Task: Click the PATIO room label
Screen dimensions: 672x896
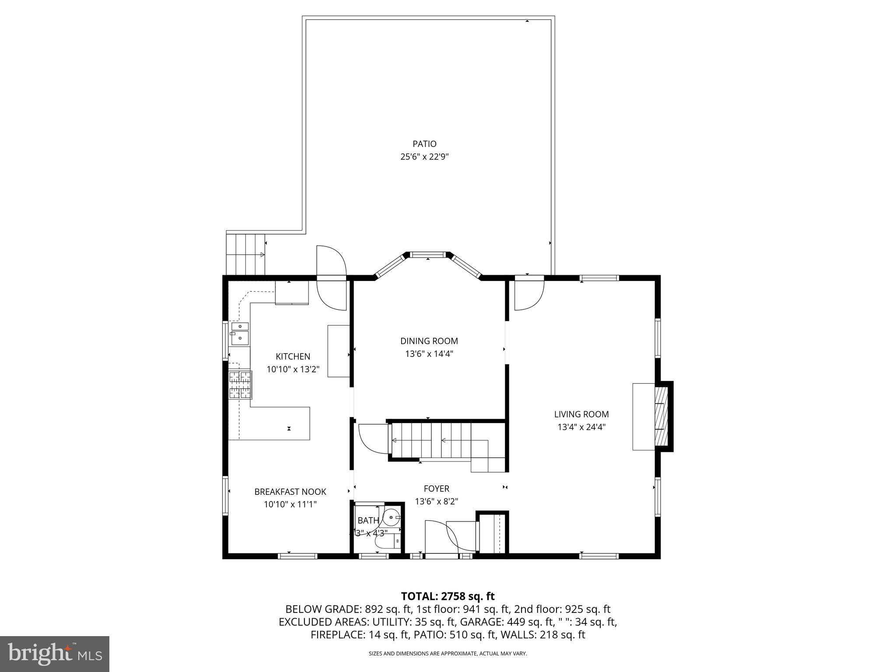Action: pyautogui.click(x=424, y=144)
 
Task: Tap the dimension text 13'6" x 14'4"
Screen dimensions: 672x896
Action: pyautogui.click(x=429, y=354)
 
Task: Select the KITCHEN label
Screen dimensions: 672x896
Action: pyautogui.click(x=293, y=357)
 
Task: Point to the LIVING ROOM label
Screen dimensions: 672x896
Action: pyautogui.click(x=581, y=414)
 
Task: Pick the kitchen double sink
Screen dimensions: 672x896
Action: pyautogui.click(x=239, y=333)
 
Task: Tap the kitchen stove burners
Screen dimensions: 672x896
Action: pyautogui.click(x=240, y=385)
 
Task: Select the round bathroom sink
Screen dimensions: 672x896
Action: pyautogui.click(x=392, y=518)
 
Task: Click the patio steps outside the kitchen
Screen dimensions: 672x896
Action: pyautogui.click(x=245, y=254)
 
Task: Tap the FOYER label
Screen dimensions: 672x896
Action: pyautogui.click(x=436, y=489)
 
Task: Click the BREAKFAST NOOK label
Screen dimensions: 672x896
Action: pyautogui.click(x=290, y=492)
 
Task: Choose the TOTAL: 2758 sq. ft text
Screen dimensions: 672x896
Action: pyautogui.click(x=448, y=596)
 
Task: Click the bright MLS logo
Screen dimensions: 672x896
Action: pyautogui.click(x=55, y=654)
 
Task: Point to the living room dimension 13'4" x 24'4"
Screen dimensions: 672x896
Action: pyautogui.click(x=581, y=427)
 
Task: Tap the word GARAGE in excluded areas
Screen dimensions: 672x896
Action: pyautogui.click(x=484, y=622)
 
